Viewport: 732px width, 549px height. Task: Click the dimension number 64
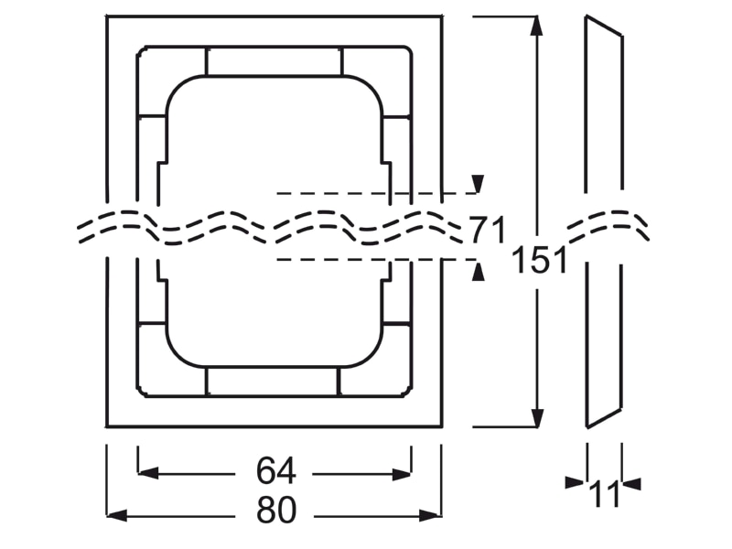click(x=276, y=471)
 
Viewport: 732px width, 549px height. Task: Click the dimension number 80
click(x=276, y=510)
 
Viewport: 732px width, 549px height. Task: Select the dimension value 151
click(x=539, y=260)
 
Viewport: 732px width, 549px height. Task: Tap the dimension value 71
click(x=487, y=230)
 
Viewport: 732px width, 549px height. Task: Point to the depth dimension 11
click(x=604, y=494)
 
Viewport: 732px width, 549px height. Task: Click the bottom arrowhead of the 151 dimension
click(x=538, y=417)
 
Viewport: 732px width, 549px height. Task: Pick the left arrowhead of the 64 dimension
click(x=148, y=474)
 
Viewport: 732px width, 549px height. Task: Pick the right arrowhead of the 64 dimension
click(x=401, y=474)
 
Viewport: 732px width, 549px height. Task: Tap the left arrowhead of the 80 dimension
click(x=117, y=516)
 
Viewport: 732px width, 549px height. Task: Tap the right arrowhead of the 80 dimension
click(x=429, y=516)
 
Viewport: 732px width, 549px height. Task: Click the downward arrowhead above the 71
click(x=477, y=184)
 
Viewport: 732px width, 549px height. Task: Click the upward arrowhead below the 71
click(x=477, y=272)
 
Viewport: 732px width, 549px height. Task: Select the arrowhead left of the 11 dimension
click(x=575, y=483)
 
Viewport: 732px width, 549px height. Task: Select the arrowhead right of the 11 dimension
click(x=631, y=484)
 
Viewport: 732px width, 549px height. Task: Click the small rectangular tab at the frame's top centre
click(x=274, y=60)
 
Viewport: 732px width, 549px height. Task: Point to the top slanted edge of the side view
click(x=604, y=26)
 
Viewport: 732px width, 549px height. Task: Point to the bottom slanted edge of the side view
click(x=604, y=418)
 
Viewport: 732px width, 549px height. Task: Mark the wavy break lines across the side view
click(x=608, y=226)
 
